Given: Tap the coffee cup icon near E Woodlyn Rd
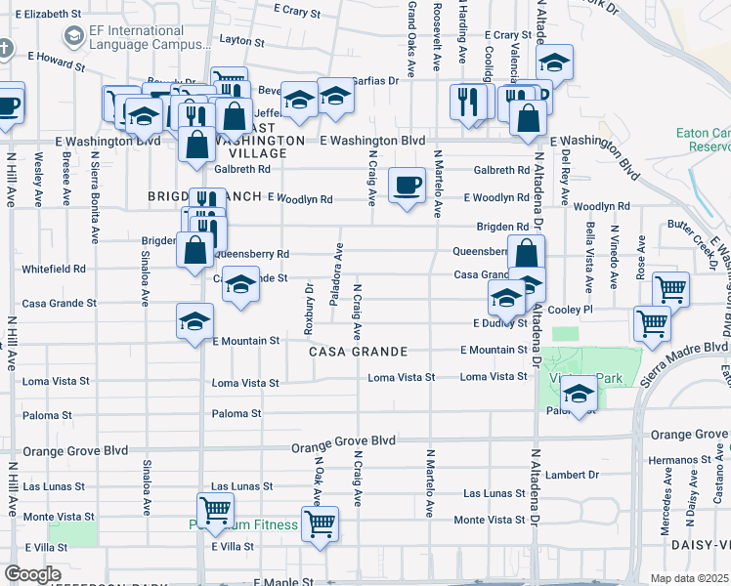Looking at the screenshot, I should pyautogui.click(x=406, y=184).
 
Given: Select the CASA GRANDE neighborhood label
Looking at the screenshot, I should pyautogui.click(x=358, y=351).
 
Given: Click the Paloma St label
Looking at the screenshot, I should pyautogui.click(x=236, y=414).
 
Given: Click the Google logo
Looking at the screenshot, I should pyautogui.click(x=31, y=574).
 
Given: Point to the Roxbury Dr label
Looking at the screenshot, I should pyautogui.click(x=308, y=303).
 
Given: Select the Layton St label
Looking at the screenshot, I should pyautogui.click(x=243, y=40).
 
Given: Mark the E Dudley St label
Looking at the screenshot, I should pyautogui.click(x=499, y=322).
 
